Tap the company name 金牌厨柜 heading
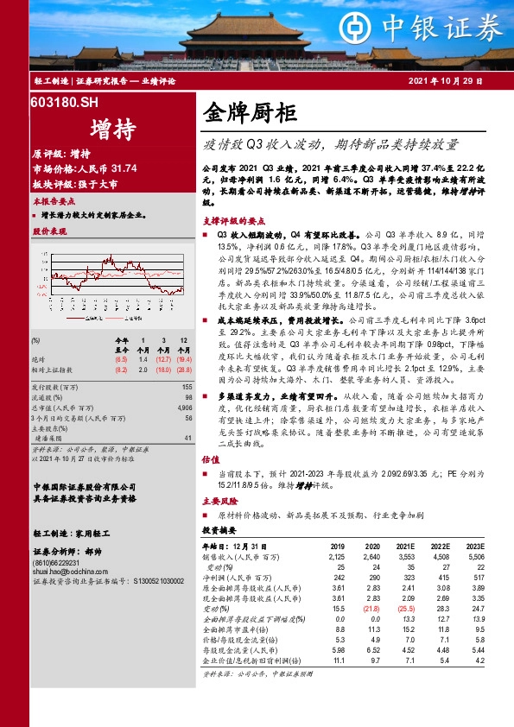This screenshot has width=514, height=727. point(251,112)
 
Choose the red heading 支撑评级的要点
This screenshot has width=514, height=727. point(229,219)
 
